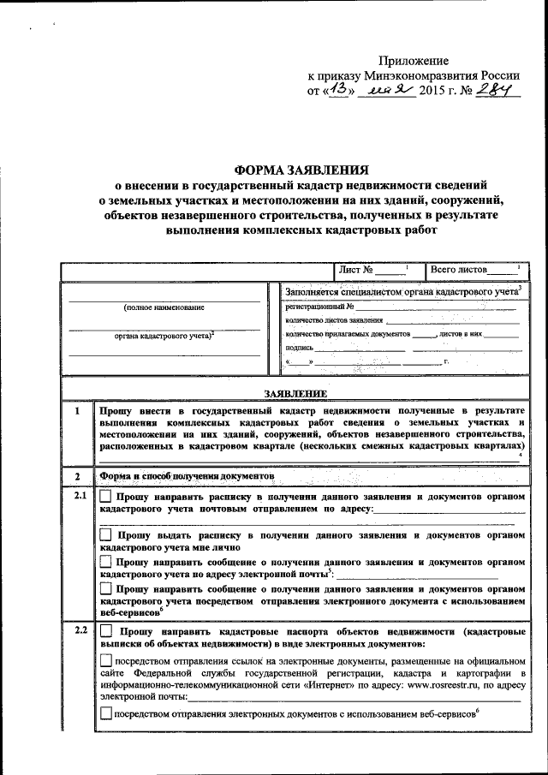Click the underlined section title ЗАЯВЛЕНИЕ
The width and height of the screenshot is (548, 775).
coord(295,393)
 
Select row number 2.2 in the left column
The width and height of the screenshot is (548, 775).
coord(78,632)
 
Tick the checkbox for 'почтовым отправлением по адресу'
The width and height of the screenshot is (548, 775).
coord(106,497)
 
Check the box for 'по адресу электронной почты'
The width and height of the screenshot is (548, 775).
coord(106,562)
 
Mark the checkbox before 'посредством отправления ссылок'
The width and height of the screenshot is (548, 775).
coord(106,660)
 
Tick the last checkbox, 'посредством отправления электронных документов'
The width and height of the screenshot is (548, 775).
coord(106,714)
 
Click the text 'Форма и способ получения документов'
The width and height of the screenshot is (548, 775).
coord(187,475)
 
